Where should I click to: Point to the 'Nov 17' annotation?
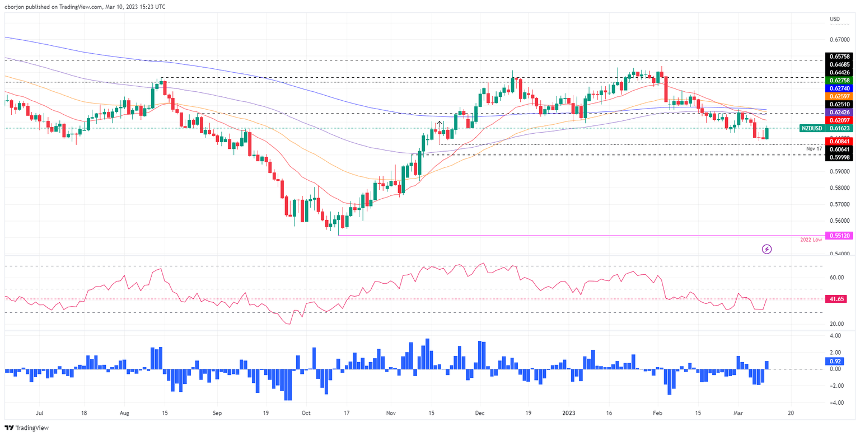click(814, 148)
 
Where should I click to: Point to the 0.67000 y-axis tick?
click(838, 40)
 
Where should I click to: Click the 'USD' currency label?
click(835, 19)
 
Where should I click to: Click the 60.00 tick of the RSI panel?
click(836, 278)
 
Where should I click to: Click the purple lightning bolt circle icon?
click(767, 249)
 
